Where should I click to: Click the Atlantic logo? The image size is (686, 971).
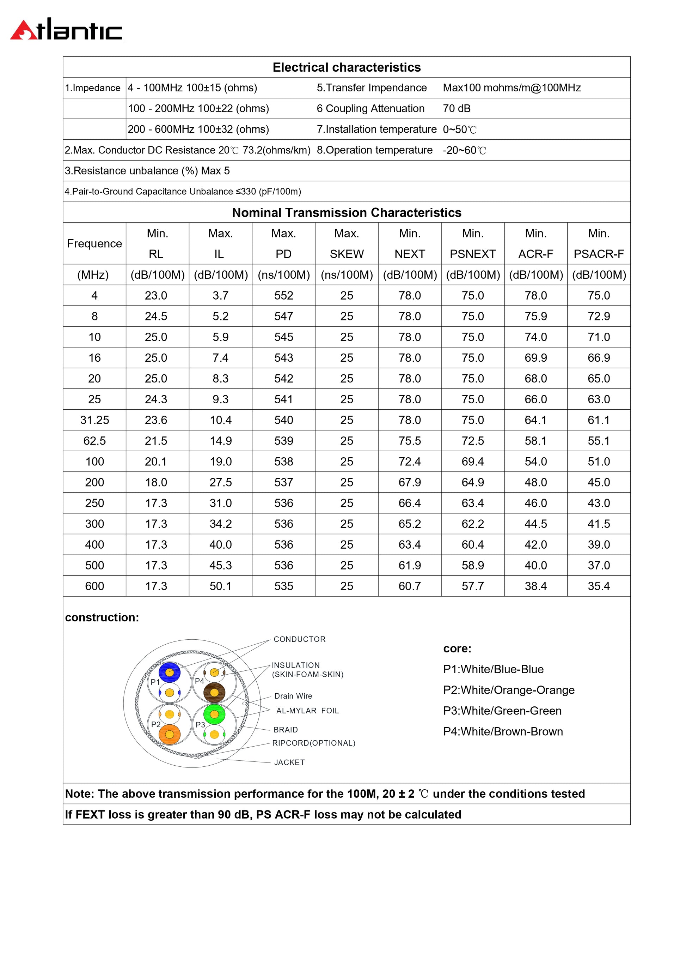pyautogui.click(x=66, y=30)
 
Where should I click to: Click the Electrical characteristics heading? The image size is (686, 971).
pyautogui.click(x=347, y=67)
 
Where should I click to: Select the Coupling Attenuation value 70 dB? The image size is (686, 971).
pyautogui.click(x=456, y=109)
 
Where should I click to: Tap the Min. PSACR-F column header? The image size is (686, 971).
pyautogui.click(x=599, y=243)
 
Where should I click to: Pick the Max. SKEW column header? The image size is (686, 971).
pyautogui.click(x=347, y=243)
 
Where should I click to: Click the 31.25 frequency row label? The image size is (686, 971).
pyautogui.click(x=94, y=420)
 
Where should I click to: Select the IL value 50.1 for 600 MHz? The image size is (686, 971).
pyautogui.click(x=221, y=586)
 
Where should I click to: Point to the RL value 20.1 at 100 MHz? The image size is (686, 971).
pyautogui.click(x=156, y=462)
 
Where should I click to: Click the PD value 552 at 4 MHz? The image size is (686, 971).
pyautogui.click(x=283, y=296)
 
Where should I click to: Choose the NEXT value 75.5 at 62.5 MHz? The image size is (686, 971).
pyautogui.click(x=409, y=441)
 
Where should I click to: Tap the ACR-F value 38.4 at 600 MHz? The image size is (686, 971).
pyautogui.click(x=535, y=586)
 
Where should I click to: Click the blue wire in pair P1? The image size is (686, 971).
pyautogui.click(x=170, y=672)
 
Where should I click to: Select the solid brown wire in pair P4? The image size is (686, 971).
pyautogui.click(x=214, y=693)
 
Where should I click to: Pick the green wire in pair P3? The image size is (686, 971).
pyautogui.click(x=214, y=714)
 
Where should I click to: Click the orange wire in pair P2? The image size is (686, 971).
pyautogui.click(x=170, y=735)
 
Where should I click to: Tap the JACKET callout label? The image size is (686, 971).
pyautogui.click(x=289, y=762)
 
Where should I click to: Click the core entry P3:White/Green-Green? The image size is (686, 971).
pyautogui.click(x=502, y=711)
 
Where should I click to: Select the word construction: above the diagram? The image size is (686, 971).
pyautogui.click(x=102, y=617)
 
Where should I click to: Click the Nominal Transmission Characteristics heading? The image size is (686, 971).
pyautogui.click(x=347, y=213)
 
